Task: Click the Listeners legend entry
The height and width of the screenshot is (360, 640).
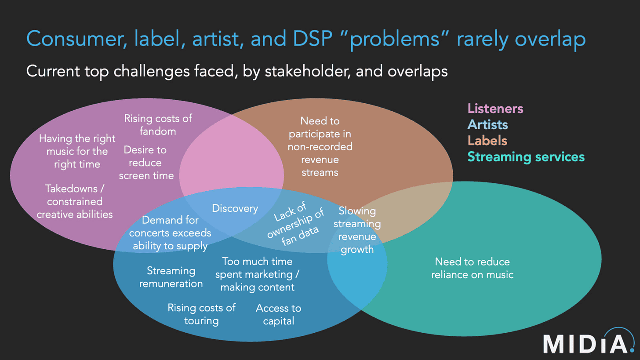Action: pyautogui.click(x=495, y=109)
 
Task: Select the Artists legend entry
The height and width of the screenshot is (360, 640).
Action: pyautogui.click(x=487, y=125)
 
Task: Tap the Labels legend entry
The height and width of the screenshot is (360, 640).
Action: pyautogui.click(x=487, y=141)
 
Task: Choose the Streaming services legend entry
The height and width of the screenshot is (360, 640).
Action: pyautogui.click(x=526, y=156)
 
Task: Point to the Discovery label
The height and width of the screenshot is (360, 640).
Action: pyautogui.click(x=235, y=208)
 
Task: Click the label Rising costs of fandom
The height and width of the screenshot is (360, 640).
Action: pyautogui.click(x=158, y=124)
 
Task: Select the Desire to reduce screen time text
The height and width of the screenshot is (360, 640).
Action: pyautogui.click(x=145, y=163)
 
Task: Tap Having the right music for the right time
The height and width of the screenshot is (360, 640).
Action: pyautogui.click(x=77, y=151)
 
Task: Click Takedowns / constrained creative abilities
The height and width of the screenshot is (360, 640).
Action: pyautogui.click(x=74, y=201)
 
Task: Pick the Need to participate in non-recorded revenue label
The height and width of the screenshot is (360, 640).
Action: pyautogui.click(x=320, y=146)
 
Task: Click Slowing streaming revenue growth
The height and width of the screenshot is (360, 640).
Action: pyautogui.click(x=356, y=230)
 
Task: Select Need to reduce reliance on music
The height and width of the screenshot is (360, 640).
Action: pyautogui.click(x=472, y=268)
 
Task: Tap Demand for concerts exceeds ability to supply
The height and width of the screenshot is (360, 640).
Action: pyautogui.click(x=170, y=233)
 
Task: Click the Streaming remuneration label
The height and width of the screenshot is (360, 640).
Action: pyautogui.click(x=171, y=276)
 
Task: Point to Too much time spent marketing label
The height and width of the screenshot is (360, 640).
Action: pyautogui.click(x=257, y=274)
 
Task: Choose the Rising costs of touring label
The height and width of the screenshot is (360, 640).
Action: pyautogui.click(x=201, y=314)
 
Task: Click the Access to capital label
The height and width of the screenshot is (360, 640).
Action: pyautogui.click(x=278, y=314)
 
